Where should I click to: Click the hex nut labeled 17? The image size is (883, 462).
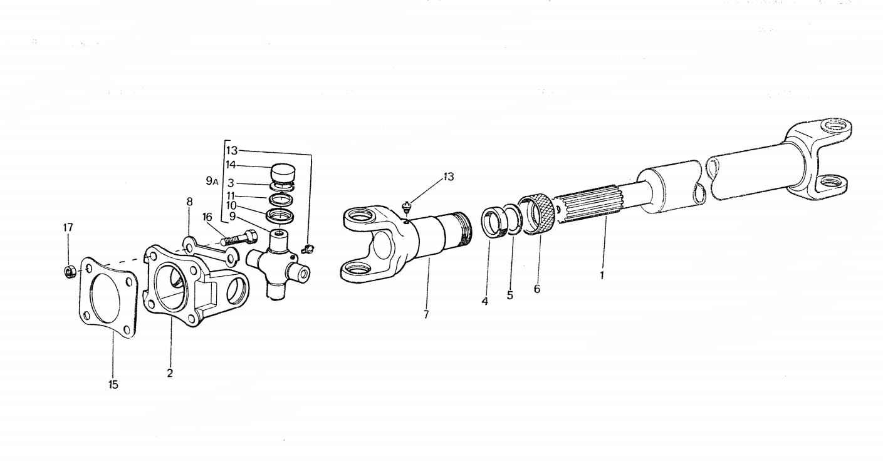click(x=70, y=271)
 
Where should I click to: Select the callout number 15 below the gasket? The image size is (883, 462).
click(x=113, y=385)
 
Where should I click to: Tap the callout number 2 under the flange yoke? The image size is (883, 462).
click(x=170, y=373)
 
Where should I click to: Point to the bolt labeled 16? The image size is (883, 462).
click(x=239, y=237)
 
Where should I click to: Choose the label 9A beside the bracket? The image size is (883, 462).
click(x=212, y=181)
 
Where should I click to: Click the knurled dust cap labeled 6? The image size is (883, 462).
click(x=537, y=215)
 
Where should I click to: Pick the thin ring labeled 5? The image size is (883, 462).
click(x=513, y=219)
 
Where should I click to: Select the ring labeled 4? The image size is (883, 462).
click(x=494, y=223)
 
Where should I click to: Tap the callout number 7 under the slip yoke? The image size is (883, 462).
click(x=426, y=315)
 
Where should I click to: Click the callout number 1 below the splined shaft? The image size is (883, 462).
click(x=602, y=275)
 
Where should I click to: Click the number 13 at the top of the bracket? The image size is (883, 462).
click(x=232, y=150)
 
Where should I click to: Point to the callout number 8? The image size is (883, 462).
click(x=190, y=202)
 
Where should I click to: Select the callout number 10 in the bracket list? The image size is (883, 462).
click(x=231, y=205)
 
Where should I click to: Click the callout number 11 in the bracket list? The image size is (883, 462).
click(x=231, y=196)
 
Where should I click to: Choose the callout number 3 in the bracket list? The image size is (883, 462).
click(x=231, y=183)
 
